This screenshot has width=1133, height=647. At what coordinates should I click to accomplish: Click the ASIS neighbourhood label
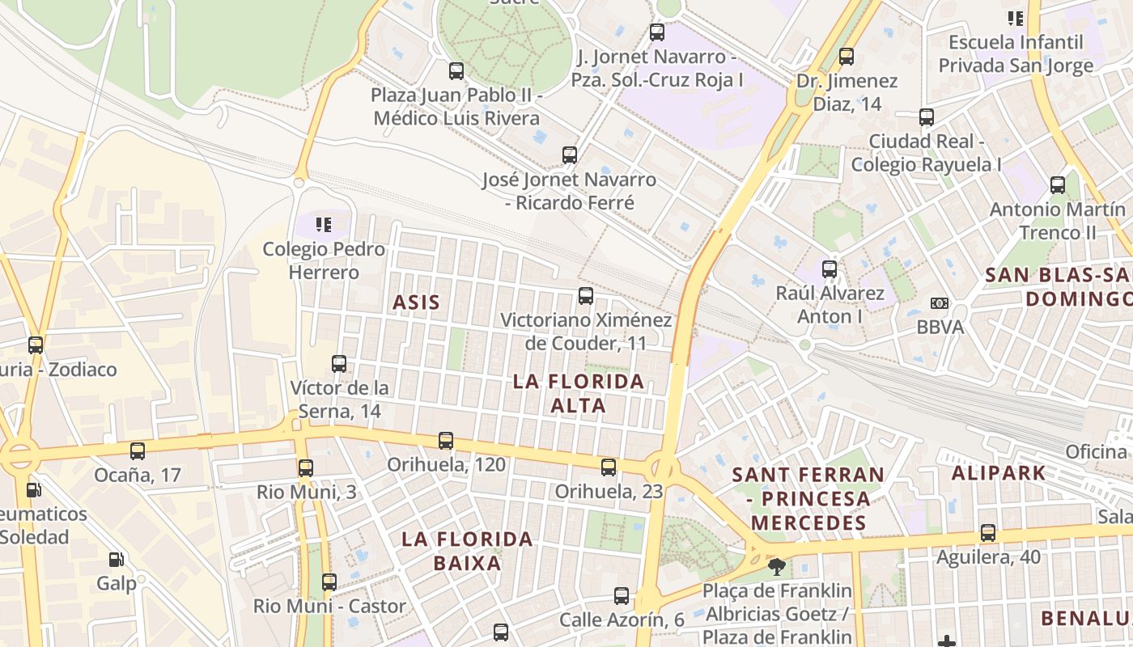[416, 303]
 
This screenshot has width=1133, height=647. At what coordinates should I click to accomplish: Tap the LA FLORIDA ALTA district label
[579, 393]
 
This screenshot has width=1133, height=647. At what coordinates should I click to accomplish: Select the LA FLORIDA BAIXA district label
[467, 551]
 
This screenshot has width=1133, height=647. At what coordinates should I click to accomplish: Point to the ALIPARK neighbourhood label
[999, 473]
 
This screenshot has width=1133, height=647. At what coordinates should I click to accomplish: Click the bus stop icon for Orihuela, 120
[446, 441]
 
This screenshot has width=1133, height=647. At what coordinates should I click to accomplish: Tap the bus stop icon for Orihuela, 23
[609, 467]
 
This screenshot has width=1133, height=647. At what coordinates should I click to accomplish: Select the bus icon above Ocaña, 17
[138, 450]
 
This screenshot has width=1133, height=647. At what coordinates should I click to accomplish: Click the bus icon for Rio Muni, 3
[305, 467]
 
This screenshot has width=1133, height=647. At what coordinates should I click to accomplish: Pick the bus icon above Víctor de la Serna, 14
[339, 364]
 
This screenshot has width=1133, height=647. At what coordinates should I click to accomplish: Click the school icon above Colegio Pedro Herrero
[324, 224]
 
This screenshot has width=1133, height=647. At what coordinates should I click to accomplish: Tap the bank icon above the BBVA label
[939, 303]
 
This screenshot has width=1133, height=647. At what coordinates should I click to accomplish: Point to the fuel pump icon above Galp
[117, 559]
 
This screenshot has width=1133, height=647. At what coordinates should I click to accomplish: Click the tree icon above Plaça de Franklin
[777, 566]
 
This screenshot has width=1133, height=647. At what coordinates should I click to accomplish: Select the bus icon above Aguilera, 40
[988, 533]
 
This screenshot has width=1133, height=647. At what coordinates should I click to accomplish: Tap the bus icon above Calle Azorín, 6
[622, 596]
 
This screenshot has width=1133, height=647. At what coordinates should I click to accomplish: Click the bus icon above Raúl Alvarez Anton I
[830, 269]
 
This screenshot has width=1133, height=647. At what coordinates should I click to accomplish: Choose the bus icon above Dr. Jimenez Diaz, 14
[847, 57]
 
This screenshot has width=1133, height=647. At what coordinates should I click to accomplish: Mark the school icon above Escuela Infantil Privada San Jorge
[1015, 18]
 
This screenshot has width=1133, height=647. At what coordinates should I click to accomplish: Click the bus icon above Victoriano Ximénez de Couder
[586, 296]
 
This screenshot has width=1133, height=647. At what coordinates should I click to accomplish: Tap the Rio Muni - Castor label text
[329, 606]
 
